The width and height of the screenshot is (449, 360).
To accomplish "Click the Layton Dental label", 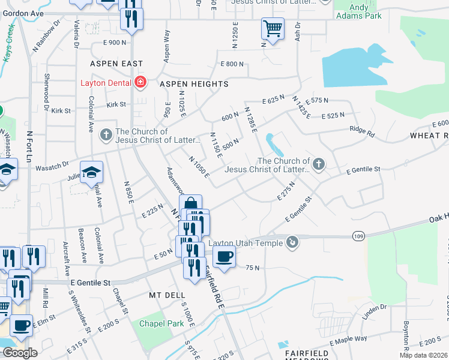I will tap(107, 83).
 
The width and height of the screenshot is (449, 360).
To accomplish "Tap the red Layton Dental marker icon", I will tap(141, 82).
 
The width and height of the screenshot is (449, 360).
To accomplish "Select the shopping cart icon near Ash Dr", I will tap(273, 29).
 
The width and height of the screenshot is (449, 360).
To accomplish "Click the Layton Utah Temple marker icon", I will tap(292, 242).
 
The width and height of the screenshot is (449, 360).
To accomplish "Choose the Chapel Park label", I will tap(160, 323).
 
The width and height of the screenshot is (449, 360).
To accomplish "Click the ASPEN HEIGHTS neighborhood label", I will tap(193, 85).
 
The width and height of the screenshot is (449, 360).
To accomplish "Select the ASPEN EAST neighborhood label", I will tap(116, 64).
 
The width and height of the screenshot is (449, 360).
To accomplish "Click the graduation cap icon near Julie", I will tap(91, 173).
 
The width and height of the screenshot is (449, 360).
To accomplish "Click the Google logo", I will tap(20, 353).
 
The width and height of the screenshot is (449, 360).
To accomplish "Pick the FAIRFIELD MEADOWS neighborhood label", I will tap(303, 350).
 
